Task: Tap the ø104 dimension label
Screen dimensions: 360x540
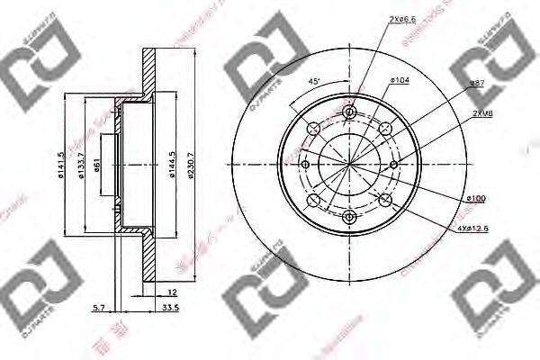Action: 400,81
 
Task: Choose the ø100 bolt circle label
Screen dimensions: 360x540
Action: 476,197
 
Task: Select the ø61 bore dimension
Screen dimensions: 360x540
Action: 100,163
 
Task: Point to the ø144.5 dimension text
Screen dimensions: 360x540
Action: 171,164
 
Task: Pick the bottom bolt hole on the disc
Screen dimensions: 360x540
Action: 349,216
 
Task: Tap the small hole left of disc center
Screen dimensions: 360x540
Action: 306,164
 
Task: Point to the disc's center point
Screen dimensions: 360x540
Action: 349,164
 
